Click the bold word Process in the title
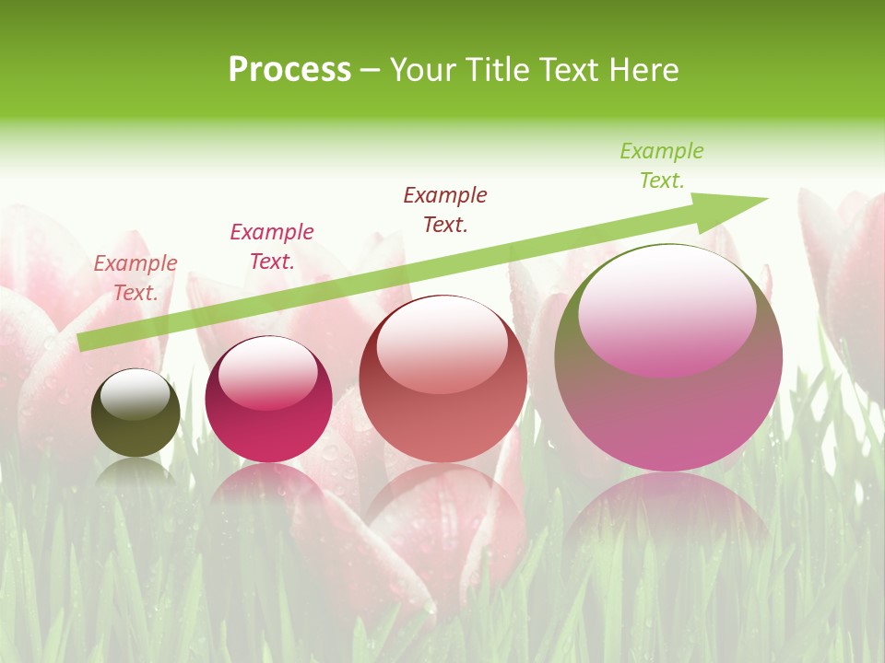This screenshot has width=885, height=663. point(289,70)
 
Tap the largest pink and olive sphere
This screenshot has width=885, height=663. point(668,405)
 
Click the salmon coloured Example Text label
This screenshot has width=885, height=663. point(136,278)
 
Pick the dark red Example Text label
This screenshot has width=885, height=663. point(445,210)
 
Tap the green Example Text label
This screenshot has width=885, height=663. point(662,166)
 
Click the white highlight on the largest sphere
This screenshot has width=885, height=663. point(667,308)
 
